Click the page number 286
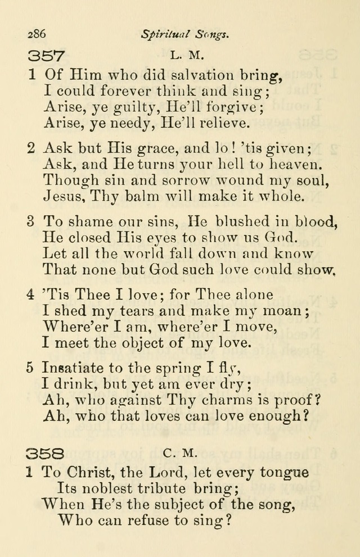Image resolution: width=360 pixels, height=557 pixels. coord(37,34)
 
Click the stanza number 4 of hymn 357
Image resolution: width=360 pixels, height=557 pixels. coord(31,295)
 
